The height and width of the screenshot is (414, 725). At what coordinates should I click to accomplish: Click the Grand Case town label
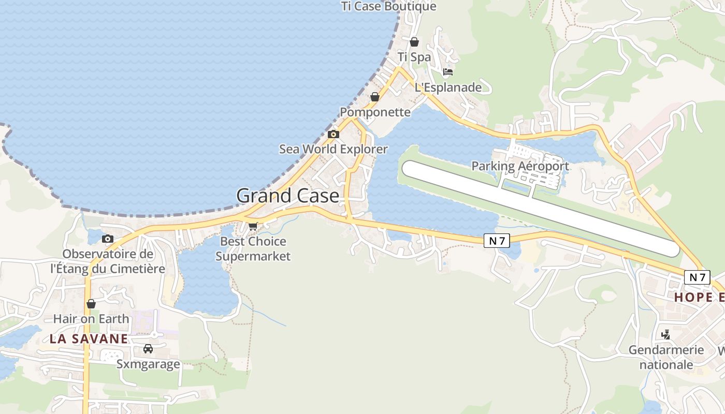[x=287, y=196]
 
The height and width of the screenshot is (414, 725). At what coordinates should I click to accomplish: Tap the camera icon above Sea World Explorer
[x=334, y=135]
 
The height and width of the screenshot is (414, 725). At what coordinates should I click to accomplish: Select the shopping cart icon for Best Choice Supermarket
[x=253, y=226]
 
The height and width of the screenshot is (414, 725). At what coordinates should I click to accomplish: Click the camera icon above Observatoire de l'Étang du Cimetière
[x=108, y=239]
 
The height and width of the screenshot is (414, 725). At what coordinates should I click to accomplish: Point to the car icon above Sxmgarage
[x=148, y=348]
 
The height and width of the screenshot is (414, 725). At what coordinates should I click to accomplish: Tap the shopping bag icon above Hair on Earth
[x=91, y=304]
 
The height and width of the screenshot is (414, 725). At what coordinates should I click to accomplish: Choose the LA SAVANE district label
[x=89, y=339]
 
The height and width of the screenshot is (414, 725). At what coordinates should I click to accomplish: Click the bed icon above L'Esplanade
[x=448, y=72]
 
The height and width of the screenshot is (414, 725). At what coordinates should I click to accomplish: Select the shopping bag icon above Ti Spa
[x=414, y=42]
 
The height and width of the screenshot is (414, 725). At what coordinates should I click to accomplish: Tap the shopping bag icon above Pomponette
[x=375, y=97]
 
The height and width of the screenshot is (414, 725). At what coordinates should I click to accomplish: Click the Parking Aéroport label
[x=520, y=166]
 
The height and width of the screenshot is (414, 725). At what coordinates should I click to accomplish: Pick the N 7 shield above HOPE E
[x=697, y=277]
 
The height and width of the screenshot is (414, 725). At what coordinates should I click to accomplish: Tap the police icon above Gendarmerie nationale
[x=666, y=335]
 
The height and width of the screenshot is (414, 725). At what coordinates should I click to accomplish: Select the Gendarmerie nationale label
[x=666, y=357]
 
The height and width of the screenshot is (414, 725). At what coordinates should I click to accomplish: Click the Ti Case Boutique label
[x=388, y=6]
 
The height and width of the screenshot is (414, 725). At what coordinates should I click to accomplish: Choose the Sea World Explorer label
[x=334, y=149]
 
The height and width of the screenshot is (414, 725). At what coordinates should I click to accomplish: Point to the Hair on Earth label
[x=91, y=318]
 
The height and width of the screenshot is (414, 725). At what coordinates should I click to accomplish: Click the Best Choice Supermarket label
[x=253, y=248]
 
